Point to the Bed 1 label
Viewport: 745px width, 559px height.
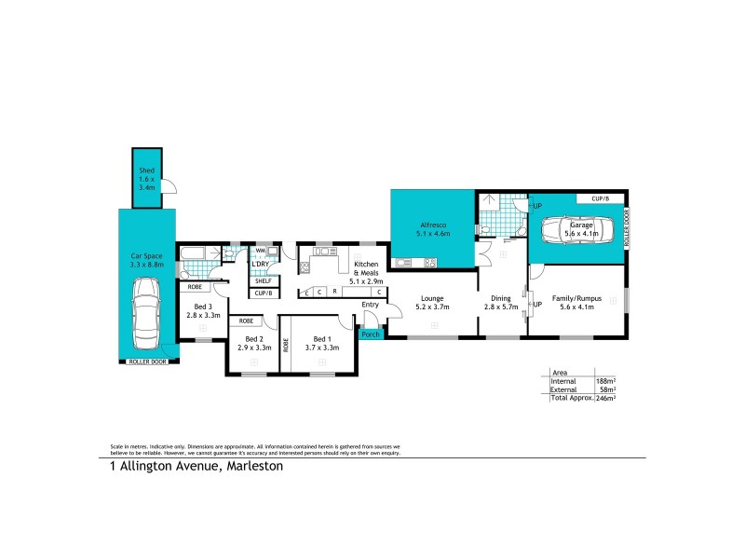click(x=322, y=339)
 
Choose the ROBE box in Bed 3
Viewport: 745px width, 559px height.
click(x=195, y=287)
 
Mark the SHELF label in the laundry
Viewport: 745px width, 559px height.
click(x=263, y=280)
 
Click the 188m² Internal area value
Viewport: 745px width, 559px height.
click(x=605, y=380)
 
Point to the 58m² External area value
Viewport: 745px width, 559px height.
click(x=607, y=389)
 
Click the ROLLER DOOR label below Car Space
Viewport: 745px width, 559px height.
click(x=147, y=361)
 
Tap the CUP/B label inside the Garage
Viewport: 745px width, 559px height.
click(x=600, y=198)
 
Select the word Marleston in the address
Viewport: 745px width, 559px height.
click(x=252, y=467)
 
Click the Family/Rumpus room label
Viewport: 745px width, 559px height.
click(x=577, y=298)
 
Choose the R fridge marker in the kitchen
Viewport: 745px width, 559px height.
click(x=334, y=292)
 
